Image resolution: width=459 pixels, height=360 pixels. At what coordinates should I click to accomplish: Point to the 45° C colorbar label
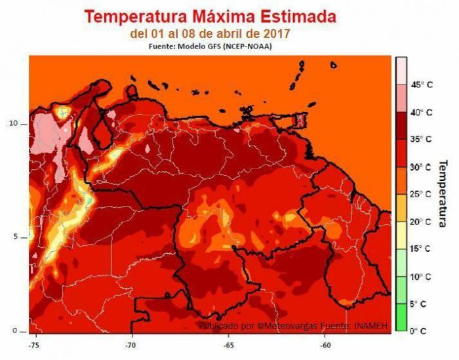point(422,85)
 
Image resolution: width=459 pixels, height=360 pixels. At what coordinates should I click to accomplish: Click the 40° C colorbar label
point(422,112)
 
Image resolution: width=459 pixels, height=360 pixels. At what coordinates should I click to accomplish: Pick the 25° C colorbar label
point(422,194)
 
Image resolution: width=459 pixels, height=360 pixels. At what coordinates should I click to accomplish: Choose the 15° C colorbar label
point(422,249)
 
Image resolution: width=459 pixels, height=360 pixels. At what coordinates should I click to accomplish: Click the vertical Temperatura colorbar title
point(443,193)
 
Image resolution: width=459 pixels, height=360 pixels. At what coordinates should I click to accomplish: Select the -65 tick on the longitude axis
point(228,343)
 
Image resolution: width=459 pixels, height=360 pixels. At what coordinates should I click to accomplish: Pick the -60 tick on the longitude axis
point(325,343)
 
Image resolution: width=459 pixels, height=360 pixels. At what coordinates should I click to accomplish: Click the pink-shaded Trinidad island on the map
point(301,120)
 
